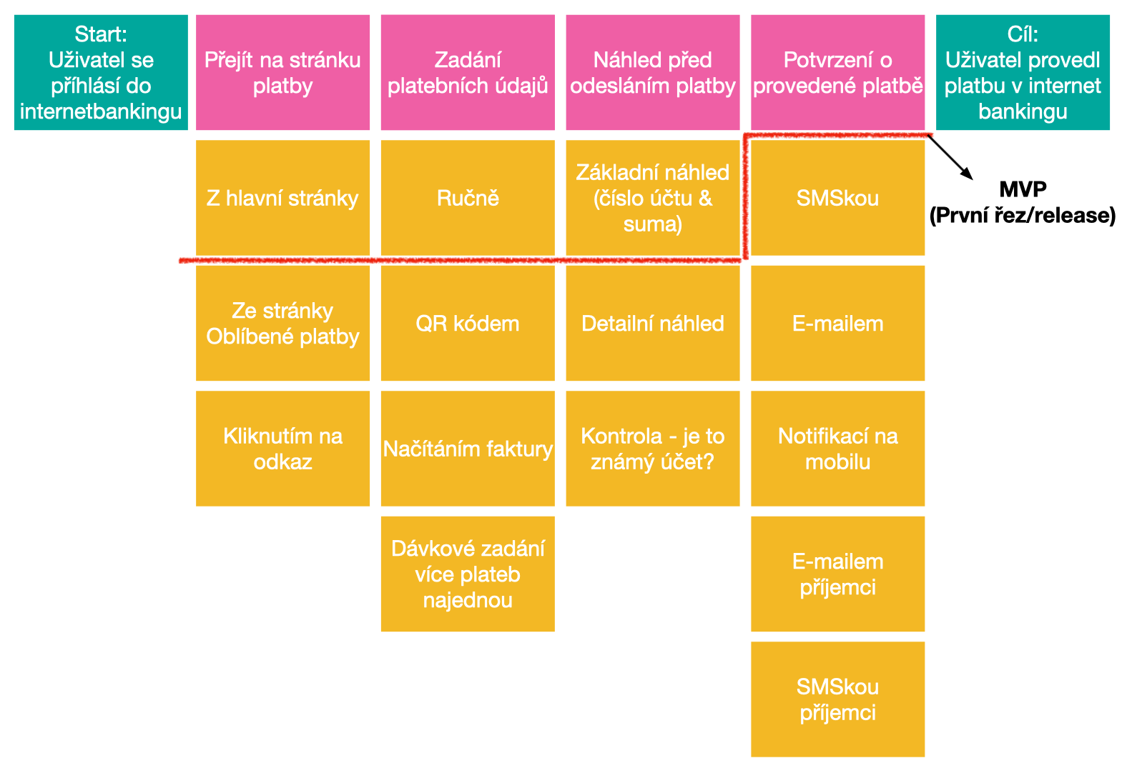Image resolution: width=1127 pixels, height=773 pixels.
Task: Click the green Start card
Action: [x=101, y=72]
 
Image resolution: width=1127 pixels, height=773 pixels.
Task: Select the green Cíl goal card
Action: [x=1023, y=72]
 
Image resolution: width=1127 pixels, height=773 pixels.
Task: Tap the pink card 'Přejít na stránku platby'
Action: [x=282, y=72]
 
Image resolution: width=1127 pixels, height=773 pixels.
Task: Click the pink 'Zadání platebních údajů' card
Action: [x=468, y=72]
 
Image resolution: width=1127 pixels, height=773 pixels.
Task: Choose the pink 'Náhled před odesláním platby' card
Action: [x=653, y=72]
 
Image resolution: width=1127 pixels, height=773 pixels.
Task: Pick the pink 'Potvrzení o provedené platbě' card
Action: [x=837, y=72]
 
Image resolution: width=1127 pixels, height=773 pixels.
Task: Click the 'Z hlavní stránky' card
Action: [x=282, y=198]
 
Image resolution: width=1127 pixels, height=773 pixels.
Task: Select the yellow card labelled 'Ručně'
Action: [x=468, y=198]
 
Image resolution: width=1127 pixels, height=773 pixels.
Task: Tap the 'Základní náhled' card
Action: [x=653, y=198]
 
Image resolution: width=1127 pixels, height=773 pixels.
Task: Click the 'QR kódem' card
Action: [x=468, y=323]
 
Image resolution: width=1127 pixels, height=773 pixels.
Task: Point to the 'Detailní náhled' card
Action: [x=653, y=323]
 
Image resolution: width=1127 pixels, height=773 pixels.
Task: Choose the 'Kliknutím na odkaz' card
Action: [x=282, y=449]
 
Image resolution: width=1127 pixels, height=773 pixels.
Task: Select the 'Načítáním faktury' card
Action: [x=468, y=449]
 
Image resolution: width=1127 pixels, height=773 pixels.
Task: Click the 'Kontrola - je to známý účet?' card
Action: [x=653, y=449]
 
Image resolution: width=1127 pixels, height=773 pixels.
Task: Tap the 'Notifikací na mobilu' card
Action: [x=837, y=449]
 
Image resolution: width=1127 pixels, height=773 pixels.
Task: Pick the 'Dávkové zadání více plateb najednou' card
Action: [x=468, y=574]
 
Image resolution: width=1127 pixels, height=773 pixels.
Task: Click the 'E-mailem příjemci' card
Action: [x=837, y=574]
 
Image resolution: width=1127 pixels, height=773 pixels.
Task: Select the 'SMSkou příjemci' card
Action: [x=837, y=699]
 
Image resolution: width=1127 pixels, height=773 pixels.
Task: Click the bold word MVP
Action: [x=1023, y=189]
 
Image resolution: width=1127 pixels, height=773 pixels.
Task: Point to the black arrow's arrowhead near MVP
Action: [x=968, y=175]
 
